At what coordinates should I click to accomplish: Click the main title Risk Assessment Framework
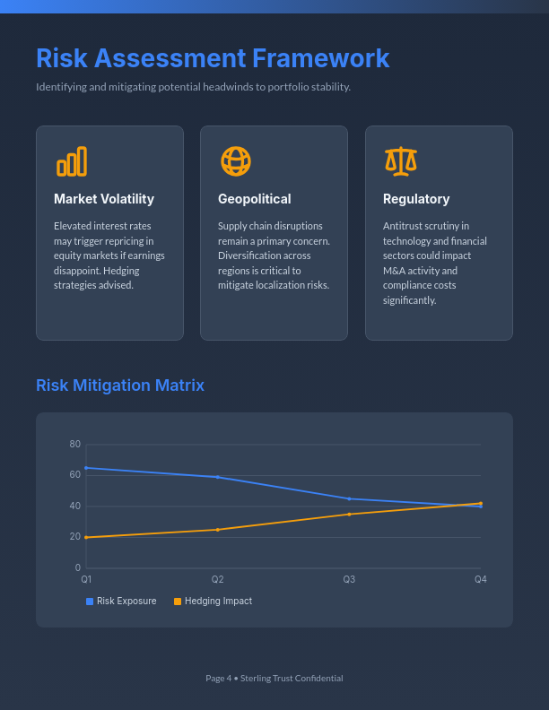coord(213,58)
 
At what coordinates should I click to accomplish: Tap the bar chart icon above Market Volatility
coord(72,161)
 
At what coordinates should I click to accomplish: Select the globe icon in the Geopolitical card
coord(236,161)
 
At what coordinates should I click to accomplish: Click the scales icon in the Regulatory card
coord(401,161)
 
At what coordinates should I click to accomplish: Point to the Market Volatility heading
coord(104,199)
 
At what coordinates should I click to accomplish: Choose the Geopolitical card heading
coord(254,199)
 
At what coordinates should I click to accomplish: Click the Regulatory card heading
coord(416,199)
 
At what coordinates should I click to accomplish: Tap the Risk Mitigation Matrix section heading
coord(120,385)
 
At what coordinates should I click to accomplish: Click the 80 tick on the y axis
coord(75,445)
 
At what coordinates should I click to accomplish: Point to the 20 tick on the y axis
coord(75,537)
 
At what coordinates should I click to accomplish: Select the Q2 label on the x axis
coord(217,580)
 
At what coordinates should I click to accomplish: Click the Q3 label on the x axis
coord(349,580)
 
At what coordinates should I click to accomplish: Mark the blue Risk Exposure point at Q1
coord(86,468)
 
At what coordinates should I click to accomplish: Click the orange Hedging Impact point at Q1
coord(86,537)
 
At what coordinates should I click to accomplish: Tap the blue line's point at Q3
coord(349,498)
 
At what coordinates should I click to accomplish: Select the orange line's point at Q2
coord(217,530)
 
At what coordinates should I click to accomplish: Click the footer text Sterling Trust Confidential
coord(292,679)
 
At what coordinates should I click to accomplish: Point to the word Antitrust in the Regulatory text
coord(401,226)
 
